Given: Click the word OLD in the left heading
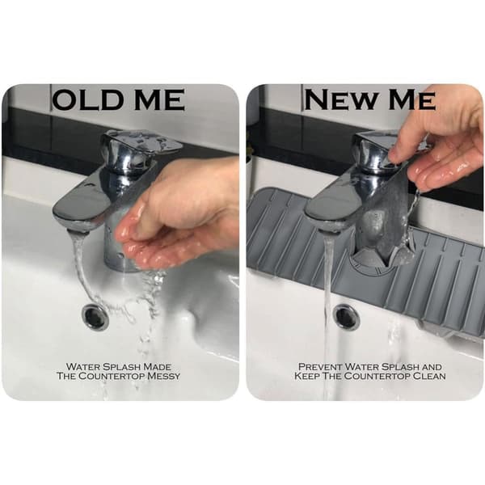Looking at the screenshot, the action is tap(88, 99).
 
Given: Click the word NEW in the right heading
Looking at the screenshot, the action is tap(342, 99).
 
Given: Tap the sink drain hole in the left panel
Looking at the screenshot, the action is tap(96, 317).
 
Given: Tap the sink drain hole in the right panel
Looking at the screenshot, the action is tap(347, 317).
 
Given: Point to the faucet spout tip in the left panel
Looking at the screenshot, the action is tap(78, 230).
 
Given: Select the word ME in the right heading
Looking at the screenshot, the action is tap(412, 99).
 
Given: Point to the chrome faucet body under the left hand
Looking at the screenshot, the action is tap(117, 247).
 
